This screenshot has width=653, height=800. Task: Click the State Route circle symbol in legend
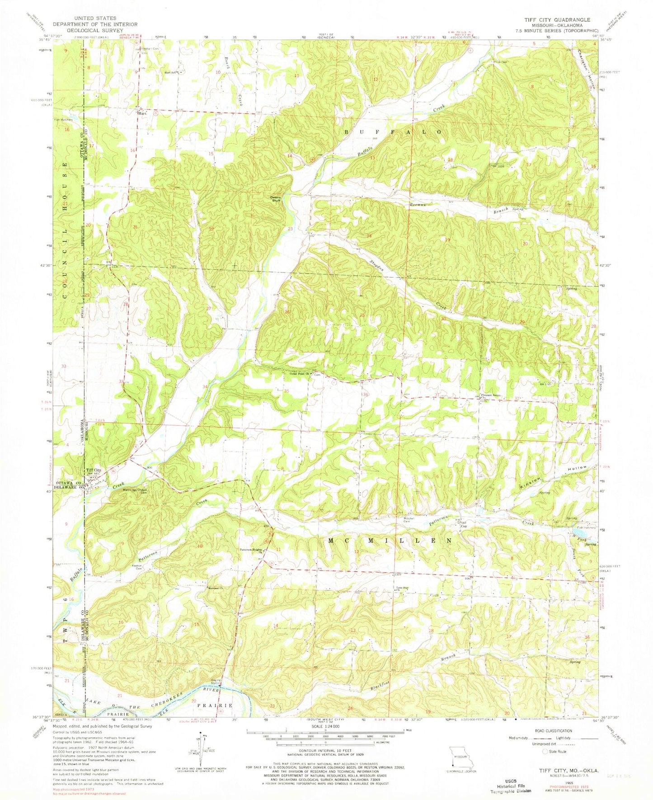[x=545, y=751]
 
